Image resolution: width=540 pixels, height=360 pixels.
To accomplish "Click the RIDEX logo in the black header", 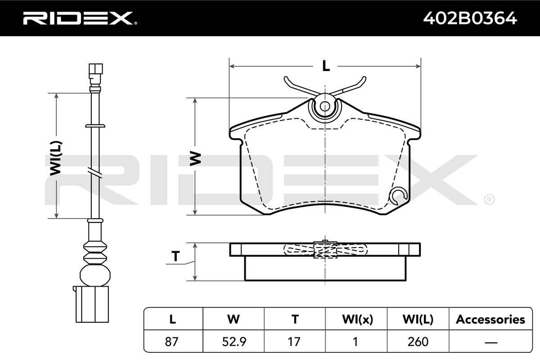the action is pos(80,18).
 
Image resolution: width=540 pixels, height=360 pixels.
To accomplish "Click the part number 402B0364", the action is pos(470,18).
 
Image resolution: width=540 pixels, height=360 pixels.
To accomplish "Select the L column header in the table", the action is pos(173,319).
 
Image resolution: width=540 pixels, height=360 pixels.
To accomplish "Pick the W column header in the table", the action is pos(234,319).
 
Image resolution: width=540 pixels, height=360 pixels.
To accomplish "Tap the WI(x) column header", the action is pos(357,319).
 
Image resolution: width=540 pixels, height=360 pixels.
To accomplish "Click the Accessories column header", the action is pos(490,319).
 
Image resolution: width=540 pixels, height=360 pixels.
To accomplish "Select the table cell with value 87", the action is pos(171,342).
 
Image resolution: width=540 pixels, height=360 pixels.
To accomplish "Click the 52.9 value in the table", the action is pos(234,342).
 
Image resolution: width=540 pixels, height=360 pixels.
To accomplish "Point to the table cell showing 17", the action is pos(294,342).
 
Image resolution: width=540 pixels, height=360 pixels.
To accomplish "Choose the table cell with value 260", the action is pos(418,342).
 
